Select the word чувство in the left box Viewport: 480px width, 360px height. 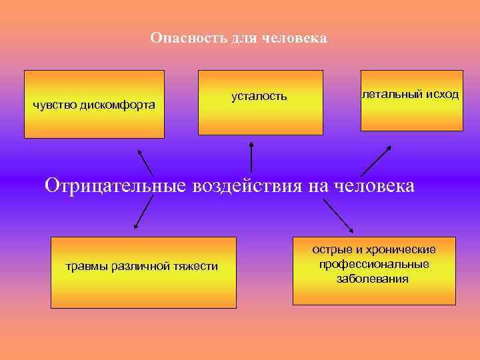(x=55, y=105)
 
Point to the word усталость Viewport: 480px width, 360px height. (x=259, y=97)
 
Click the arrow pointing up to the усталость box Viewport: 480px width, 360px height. (x=251, y=156)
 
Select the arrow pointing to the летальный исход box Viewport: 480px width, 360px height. (x=375, y=161)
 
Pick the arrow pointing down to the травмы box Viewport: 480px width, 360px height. (x=143, y=214)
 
